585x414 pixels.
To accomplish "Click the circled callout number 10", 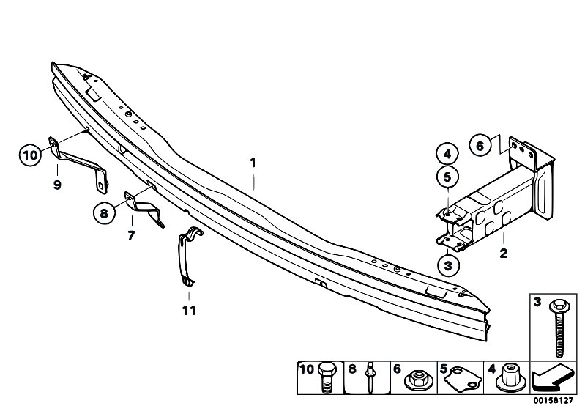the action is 30,155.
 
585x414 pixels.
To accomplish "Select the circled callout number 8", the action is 104,213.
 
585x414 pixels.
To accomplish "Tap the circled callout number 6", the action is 480,146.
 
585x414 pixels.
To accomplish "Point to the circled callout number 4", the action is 447,153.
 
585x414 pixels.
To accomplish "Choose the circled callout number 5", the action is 447,177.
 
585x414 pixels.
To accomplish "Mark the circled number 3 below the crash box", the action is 447,265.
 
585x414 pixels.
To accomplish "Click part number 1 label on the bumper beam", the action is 253,163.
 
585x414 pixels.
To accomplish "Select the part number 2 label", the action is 503,253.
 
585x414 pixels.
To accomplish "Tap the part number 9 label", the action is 57,185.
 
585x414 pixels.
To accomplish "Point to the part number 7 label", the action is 131,235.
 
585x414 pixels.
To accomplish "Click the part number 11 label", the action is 189,310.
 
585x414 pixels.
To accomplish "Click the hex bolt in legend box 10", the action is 327,377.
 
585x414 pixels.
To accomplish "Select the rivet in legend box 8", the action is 370,377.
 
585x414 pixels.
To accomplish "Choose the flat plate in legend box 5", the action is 463,380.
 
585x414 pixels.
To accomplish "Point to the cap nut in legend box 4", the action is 509,378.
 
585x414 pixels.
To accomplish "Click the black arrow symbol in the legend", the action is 552,377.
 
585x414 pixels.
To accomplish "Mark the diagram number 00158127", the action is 553,401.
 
